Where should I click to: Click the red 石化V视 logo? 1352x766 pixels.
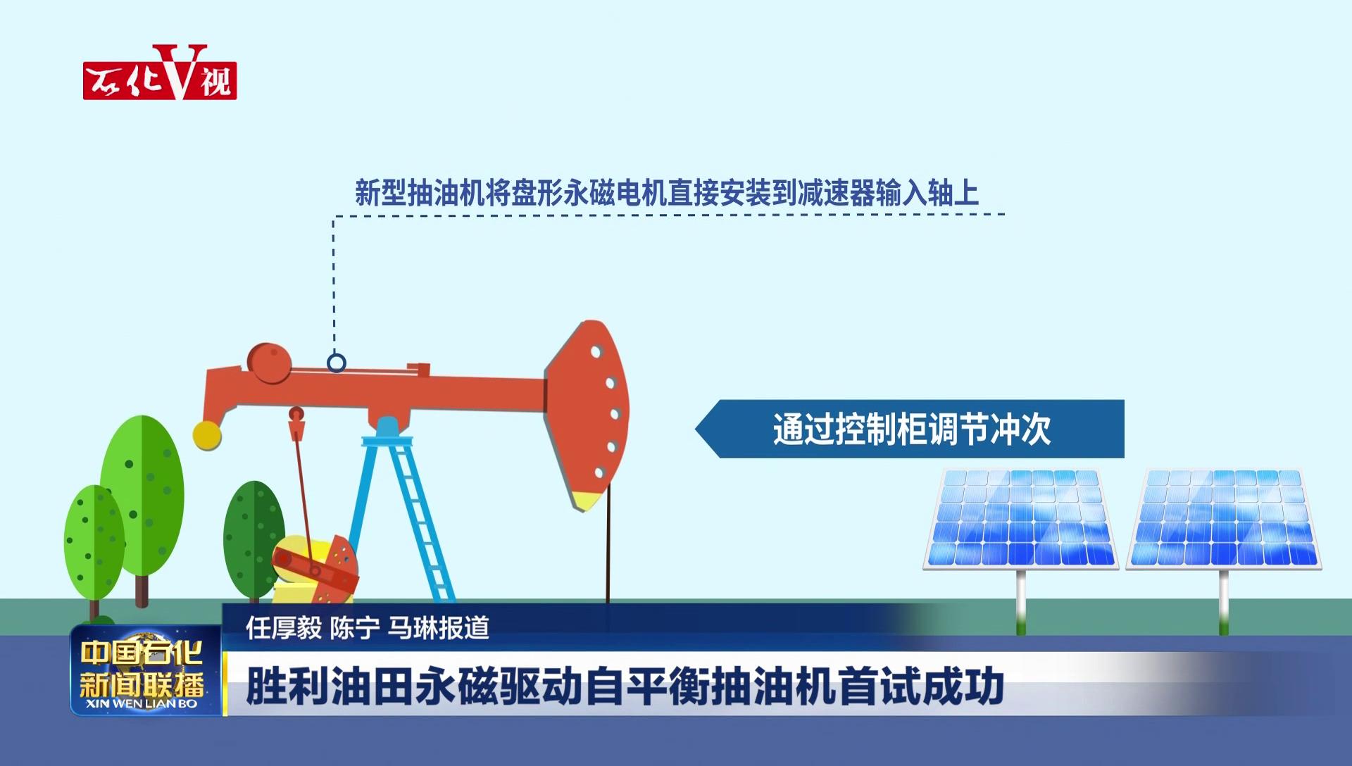coord(160,73)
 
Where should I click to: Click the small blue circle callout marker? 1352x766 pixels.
coord(337,363)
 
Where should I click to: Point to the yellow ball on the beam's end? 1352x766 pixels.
coord(207,435)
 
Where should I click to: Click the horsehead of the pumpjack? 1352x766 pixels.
coord(587,415)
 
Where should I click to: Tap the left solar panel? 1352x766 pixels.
coord(1020,519)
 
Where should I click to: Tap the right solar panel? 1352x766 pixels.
coord(1224,519)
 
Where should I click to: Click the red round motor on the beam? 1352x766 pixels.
coord(270,363)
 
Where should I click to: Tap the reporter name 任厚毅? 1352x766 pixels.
coord(283,628)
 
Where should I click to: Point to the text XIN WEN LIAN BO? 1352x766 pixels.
coord(141,704)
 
